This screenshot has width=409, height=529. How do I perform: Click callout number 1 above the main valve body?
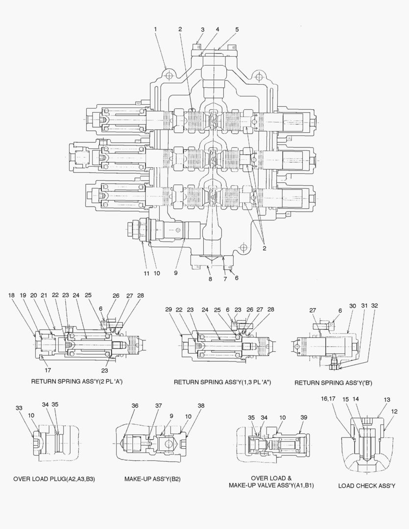pyautogui.click(x=155, y=29)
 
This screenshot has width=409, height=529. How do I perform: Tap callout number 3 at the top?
pyautogui.click(x=202, y=29)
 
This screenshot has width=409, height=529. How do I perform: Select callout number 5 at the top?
pyautogui.click(x=237, y=29)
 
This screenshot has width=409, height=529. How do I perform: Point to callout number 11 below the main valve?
pyautogui.click(x=146, y=273)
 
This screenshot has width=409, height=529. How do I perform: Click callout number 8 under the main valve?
pyautogui.click(x=210, y=279)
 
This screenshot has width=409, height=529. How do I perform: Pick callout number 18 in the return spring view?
pyautogui.click(x=11, y=295)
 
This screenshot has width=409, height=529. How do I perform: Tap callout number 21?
pyautogui.click(x=44, y=295)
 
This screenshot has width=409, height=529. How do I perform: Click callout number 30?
pyautogui.click(x=352, y=306)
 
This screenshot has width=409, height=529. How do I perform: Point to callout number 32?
pyautogui.click(x=375, y=306)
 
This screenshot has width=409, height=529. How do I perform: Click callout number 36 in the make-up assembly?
pyautogui.click(x=135, y=406)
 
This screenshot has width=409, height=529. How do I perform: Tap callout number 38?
pyautogui.click(x=201, y=406)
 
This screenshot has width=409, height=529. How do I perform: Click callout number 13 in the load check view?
pyautogui.click(x=387, y=400)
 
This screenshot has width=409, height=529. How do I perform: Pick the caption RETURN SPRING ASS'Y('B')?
pyautogui.click(x=333, y=383)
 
